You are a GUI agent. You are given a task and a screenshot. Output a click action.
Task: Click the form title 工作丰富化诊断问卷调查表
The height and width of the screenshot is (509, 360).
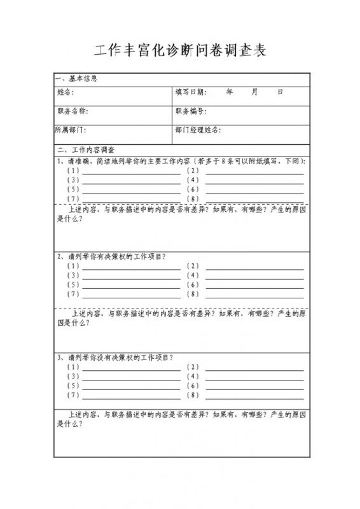click(180, 52)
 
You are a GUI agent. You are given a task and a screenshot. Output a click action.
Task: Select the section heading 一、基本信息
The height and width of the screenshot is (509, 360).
click(76, 80)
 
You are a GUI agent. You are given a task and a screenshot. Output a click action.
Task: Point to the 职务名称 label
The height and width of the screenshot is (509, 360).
click(72, 111)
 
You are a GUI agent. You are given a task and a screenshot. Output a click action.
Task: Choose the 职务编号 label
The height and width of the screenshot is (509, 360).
click(191, 111)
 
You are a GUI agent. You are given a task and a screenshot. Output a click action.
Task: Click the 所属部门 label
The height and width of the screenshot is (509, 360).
click(71, 130)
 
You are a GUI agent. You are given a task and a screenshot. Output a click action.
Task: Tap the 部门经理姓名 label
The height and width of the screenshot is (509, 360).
click(198, 130)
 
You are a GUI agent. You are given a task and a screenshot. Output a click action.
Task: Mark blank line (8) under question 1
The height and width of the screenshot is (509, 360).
click(254, 199)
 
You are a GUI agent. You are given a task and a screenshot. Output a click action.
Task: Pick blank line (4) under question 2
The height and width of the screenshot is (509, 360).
click(254, 275)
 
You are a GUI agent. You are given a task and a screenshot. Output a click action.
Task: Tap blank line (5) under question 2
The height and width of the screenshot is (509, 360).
click(131, 285)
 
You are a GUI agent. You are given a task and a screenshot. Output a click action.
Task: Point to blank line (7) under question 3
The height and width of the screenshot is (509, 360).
click(131, 396)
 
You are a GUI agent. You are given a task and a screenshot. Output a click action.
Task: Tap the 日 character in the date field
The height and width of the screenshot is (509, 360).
click(280, 92)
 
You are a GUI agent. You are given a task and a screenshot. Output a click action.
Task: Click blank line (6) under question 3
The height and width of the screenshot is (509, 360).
click(254, 386)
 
